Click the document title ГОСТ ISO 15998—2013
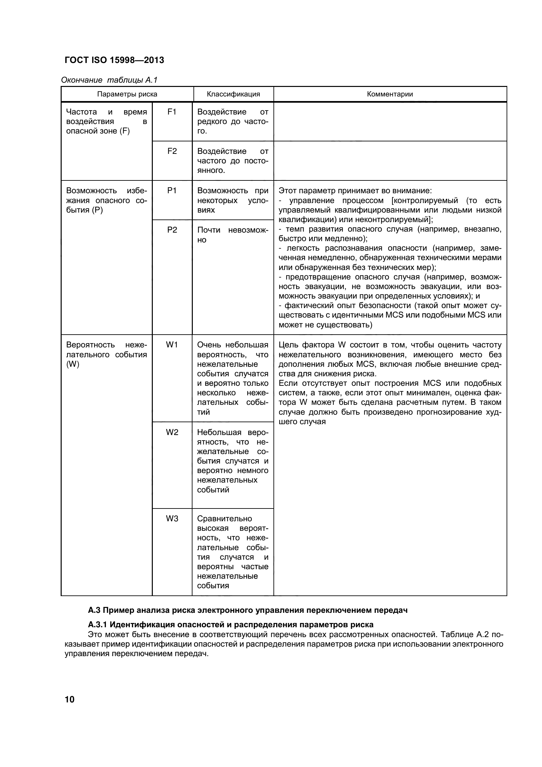(114, 60)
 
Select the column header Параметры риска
(127, 94)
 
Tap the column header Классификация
(233, 94)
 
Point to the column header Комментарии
(390, 94)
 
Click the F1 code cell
(172, 112)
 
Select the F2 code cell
(172, 151)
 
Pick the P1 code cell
(172, 191)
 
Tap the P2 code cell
(172, 230)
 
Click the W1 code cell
(172, 345)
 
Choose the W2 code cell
(172, 433)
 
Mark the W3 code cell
(172, 519)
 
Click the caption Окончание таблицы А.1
(109, 80)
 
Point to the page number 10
(70, 699)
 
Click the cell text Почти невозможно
(232, 235)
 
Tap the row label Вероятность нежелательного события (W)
(106, 354)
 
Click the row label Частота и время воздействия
(106, 121)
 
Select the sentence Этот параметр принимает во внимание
(355, 191)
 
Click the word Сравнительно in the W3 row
(224, 519)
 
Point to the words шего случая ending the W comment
(302, 422)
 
